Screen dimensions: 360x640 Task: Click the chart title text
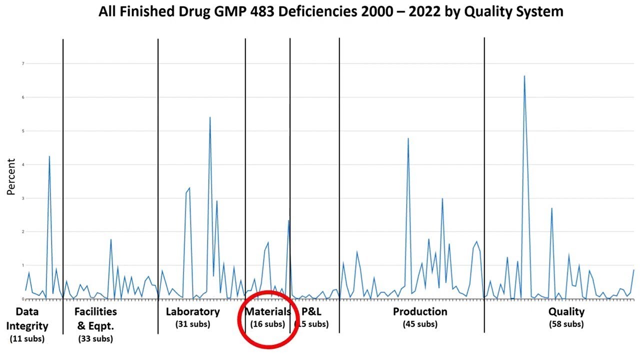(330, 11)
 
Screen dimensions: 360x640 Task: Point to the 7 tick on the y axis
(22, 63)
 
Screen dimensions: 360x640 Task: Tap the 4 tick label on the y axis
(22, 164)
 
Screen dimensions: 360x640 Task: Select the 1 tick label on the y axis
(22, 265)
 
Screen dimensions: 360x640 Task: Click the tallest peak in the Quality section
(524, 76)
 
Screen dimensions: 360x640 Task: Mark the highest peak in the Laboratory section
(210, 117)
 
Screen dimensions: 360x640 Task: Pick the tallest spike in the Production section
(408, 138)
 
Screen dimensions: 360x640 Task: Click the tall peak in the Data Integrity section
(49, 156)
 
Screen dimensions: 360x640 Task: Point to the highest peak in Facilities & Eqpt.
(111, 239)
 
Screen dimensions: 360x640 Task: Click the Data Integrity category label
(27, 319)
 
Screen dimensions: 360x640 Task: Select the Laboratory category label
(192, 312)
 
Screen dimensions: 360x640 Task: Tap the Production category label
(420, 312)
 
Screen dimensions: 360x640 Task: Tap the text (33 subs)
(95, 339)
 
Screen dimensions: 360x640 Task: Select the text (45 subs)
(420, 324)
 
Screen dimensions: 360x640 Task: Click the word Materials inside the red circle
(267, 312)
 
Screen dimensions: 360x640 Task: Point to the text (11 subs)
(27, 339)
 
